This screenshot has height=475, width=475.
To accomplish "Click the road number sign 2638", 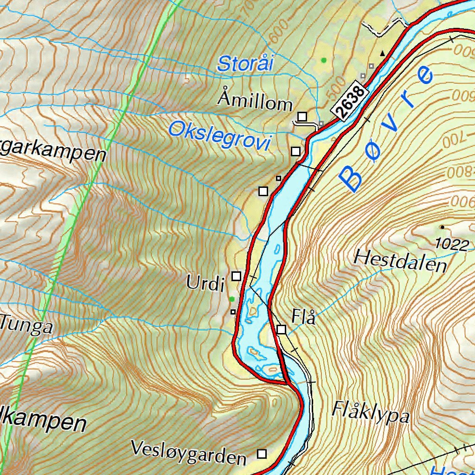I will [350, 103].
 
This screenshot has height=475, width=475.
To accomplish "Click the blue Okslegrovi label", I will [219, 135].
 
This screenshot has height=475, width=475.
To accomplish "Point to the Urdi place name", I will [205, 282].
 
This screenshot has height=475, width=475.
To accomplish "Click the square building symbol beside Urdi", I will [237, 276].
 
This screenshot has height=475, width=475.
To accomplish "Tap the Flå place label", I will [304, 318].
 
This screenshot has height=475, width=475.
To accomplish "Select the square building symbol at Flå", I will [281, 329].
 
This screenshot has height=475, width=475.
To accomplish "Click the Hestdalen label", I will [400, 262].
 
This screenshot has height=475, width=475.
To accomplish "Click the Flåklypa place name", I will [371, 412].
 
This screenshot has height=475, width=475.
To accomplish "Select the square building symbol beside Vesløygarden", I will [263, 453].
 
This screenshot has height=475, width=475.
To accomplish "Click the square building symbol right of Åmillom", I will [302, 116].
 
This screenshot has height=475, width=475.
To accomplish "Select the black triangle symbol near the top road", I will [383, 54].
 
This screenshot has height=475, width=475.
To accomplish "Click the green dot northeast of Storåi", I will [324, 60].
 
